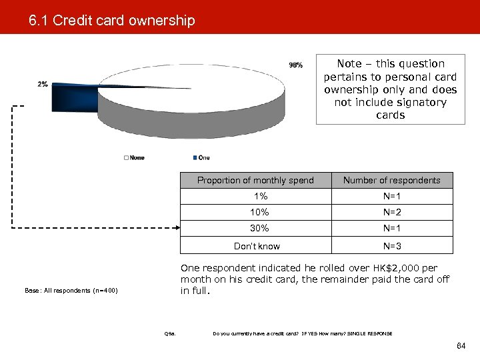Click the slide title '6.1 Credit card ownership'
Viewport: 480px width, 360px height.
tap(112, 21)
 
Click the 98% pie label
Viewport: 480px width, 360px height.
tap(295, 65)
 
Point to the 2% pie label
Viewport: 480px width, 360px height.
tap(43, 84)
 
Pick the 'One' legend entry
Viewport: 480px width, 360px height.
tap(201, 157)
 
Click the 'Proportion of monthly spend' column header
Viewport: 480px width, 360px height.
tap(255, 180)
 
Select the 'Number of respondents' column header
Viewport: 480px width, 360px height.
tap(391, 180)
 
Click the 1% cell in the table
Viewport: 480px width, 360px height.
tap(260, 197)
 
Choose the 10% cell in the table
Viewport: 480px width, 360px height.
tap(260, 213)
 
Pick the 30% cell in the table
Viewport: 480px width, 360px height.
tap(260, 229)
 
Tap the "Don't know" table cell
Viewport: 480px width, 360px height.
tap(257, 246)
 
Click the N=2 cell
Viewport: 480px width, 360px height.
tap(392, 213)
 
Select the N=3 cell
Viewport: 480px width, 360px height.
tap(392, 246)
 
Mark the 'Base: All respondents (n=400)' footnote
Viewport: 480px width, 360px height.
tap(71, 290)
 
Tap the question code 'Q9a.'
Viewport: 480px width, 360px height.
tap(169, 333)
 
